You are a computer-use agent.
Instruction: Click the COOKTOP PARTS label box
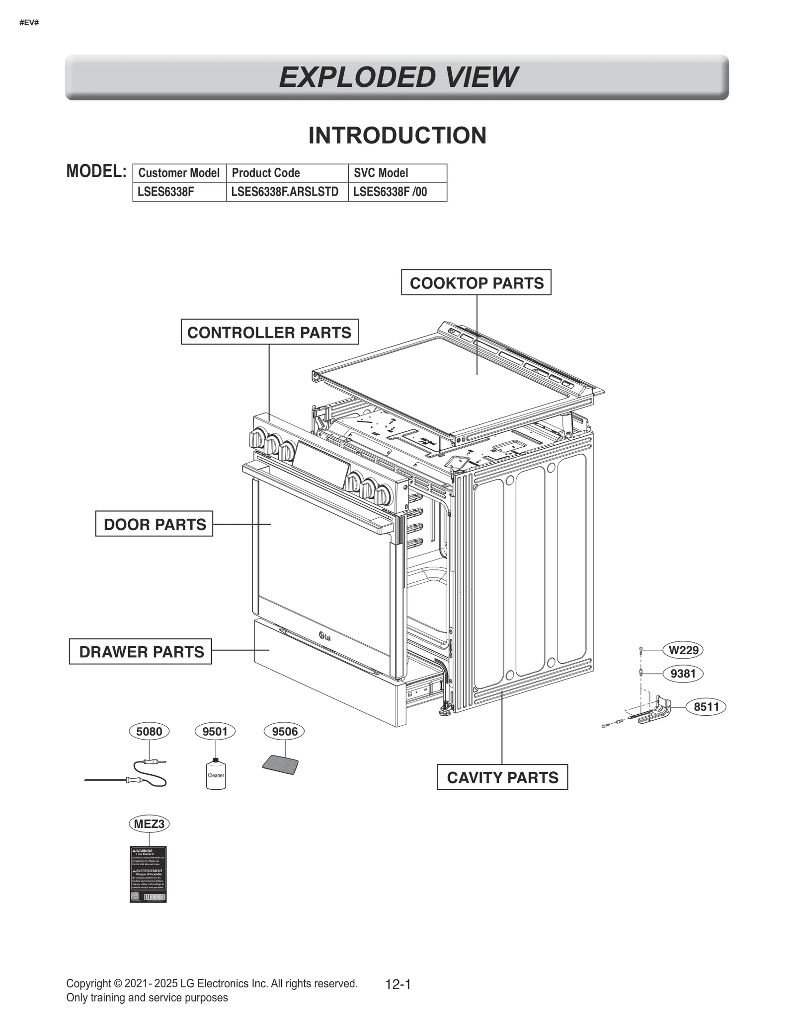point(476,282)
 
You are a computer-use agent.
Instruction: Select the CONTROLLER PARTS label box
point(269,332)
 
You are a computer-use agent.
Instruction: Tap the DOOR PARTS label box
point(154,524)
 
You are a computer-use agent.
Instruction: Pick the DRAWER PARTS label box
point(140,651)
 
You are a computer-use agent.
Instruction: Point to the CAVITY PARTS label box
point(502,777)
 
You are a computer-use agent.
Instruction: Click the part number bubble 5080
point(149,731)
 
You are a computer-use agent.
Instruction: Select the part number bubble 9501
point(215,731)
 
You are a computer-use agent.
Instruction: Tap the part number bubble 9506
point(285,731)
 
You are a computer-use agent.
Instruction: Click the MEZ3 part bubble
point(149,824)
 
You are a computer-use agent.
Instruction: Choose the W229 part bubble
point(683,650)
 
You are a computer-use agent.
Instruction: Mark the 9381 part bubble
point(683,674)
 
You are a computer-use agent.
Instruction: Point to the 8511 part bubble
point(706,706)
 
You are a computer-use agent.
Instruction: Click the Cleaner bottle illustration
point(216,775)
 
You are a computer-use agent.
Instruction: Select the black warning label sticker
point(148,874)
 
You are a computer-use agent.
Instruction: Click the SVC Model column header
point(381,173)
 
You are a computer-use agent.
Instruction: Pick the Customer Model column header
point(179,173)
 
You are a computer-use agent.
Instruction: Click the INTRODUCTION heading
point(397,136)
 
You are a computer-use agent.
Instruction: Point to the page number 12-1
point(398,984)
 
